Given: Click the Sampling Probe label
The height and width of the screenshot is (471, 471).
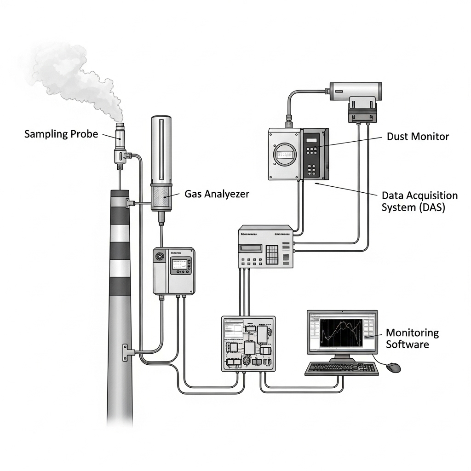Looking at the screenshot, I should pos(61,134).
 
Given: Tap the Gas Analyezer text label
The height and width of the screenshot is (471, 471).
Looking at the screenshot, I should pos(217,194).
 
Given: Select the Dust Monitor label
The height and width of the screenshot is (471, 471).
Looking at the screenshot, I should pos(418,136).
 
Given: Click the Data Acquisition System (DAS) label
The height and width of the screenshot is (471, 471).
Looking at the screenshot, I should pos(419,201).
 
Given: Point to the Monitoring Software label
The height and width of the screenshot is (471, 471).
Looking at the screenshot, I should pos(412,339).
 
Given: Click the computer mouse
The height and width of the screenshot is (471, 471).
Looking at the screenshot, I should pos(393,367).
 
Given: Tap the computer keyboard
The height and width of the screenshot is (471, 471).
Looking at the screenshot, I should pos(341,368).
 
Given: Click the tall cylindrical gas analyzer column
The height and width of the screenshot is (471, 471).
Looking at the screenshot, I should pos(161,152).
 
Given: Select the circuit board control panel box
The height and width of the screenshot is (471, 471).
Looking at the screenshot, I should pos(248,343).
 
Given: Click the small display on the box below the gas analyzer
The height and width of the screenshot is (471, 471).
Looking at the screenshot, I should pos(179,264).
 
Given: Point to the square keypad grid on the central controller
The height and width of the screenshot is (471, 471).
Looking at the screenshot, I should pos(272,254).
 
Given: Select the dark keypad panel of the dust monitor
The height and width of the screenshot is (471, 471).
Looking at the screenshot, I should pos(313,154).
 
